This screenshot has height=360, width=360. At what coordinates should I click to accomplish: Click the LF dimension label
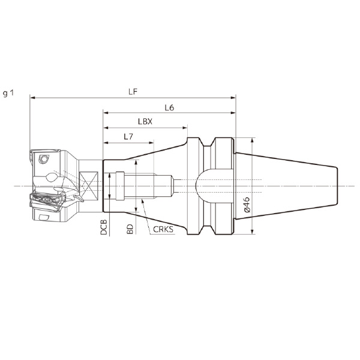click(133, 92)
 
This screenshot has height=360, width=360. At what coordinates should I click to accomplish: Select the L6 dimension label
click(169, 107)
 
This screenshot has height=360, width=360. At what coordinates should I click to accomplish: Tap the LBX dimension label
click(145, 121)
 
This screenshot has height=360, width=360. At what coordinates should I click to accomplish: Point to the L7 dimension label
click(128, 137)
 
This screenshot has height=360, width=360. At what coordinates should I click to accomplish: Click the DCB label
click(104, 227)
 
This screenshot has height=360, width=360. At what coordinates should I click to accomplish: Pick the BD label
click(130, 229)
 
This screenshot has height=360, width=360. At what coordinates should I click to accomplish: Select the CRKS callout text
click(163, 229)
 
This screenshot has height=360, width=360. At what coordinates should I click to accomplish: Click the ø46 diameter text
click(247, 205)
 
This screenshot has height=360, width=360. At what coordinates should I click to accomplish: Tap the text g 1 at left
click(8, 93)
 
